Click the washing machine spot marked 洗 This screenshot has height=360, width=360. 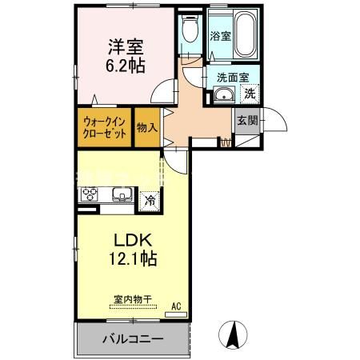click(249, 94)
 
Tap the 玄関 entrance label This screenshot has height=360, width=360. click(246, 121)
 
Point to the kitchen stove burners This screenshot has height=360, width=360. click(89, 195)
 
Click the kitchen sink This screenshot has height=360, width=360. click(122, 194)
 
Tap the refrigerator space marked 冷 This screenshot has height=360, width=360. click(148, 200)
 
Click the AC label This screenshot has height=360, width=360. click(178, 305)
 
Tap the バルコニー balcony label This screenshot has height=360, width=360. click(132, 338)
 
